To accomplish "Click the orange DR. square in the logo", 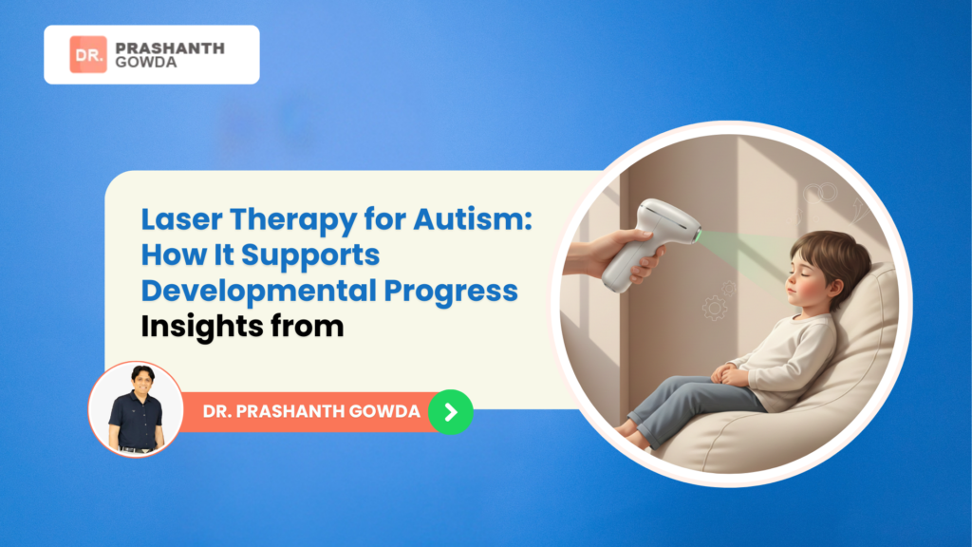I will click(88, 55).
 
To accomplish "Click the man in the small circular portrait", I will click(135, 408).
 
